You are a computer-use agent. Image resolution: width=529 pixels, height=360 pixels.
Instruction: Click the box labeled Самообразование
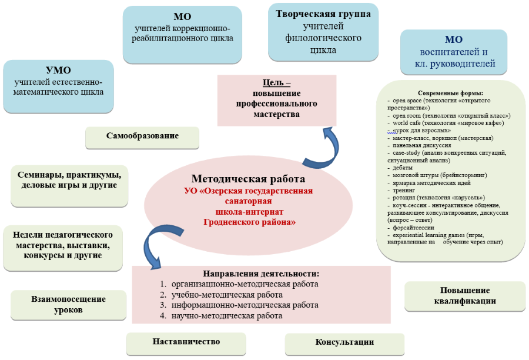pyautogui.click(x=142, y=136)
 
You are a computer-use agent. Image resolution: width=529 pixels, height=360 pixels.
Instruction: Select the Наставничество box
pyautogui.click(x=186, y=342)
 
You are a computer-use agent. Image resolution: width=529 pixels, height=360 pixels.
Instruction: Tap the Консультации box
pyautogui.click(x=344, y=342)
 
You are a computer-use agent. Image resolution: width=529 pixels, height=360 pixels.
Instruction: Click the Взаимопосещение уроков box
pyautogui.click(x=69, y=304)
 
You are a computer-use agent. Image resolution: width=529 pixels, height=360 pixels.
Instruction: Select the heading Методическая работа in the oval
pyautogui.click(x=248, y=179)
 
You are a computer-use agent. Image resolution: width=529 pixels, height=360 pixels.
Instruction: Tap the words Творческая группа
pyautogui.click(x=323, y=14)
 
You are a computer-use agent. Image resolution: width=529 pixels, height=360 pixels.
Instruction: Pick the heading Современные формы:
pyautogui.click(x=450, y=94)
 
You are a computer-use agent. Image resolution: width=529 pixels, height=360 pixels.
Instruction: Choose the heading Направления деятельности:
pyautogui.click(x=260, y=274)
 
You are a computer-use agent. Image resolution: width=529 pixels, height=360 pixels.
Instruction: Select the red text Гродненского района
pyautogui.click(x=249, y=222)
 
